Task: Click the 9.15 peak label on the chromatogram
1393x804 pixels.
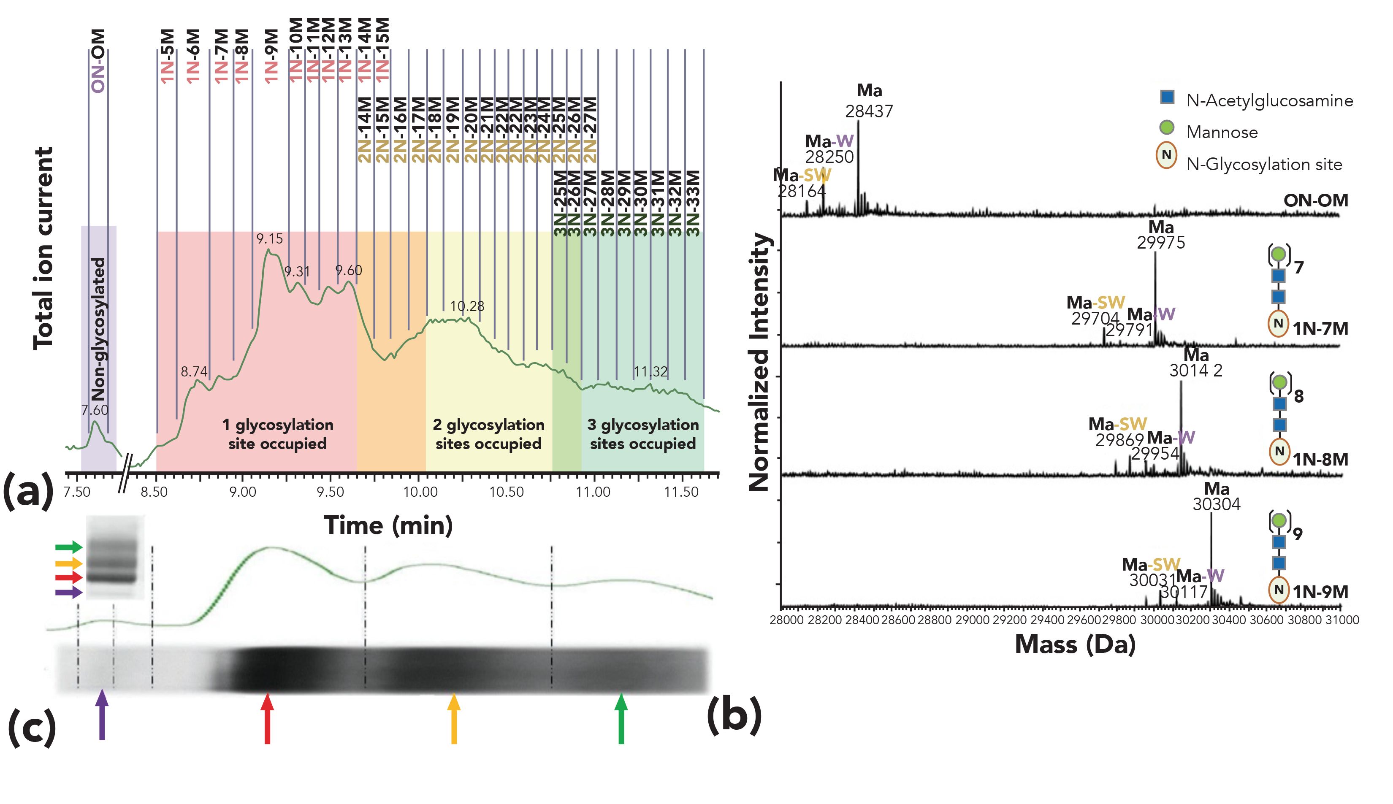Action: click(269, 239)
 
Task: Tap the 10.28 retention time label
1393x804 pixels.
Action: click(467, 306)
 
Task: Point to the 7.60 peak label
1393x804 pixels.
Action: click(95, 410)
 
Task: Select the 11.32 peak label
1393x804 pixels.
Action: click(650, 372)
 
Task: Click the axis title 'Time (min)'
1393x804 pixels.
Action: click(388, 525)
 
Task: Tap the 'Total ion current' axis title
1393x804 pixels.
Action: click(43, 249)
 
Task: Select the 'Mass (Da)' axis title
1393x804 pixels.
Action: click(1075, 644)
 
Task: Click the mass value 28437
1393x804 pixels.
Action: click(869, 111)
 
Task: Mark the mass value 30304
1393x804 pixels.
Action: click(1216, 504)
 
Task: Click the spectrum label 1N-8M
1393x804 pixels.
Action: click(1320, 460)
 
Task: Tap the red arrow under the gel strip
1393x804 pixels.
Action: click(267, 717)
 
